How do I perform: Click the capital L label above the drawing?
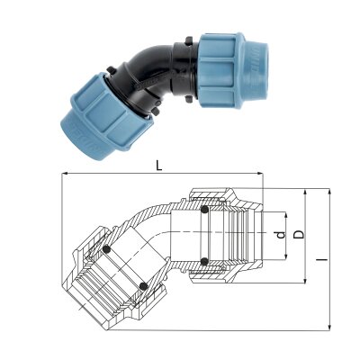159,166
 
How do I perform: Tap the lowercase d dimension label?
281,235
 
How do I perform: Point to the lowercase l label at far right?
323,258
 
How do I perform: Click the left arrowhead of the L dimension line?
65,174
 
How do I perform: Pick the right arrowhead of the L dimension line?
259,174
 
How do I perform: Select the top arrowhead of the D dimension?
305,193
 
